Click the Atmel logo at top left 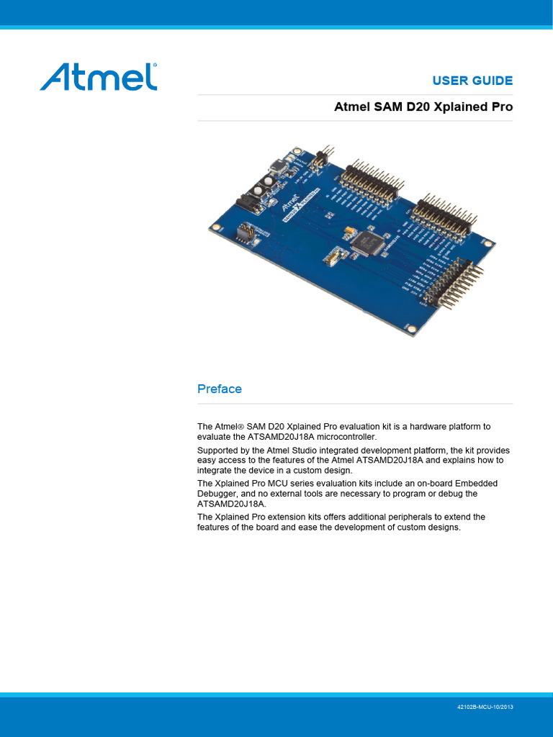[x=98, y=77]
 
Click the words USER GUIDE [x=472, y=81]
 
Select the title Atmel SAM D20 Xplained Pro [x=423, y=107]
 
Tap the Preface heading [x=220, y=389]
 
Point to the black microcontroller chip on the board [x=367, y=243]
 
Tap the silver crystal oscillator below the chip [x=334, y=255]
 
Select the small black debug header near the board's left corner [x=245, y=232]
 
